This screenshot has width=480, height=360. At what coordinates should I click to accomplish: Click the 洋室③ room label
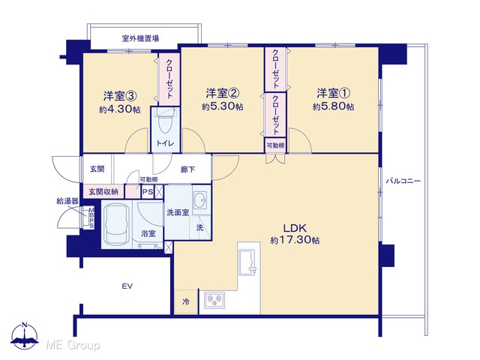[x=120, y=96]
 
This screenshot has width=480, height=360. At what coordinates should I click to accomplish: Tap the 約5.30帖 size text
[x=223, y=106]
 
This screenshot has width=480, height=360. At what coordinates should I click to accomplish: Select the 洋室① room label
[x=334, y=93]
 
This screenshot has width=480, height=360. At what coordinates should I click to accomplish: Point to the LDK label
[x=295, y=228]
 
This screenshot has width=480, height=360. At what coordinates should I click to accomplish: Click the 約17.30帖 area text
[x=295, y=240]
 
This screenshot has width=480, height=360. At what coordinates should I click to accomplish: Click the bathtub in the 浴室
[x=117, y=223]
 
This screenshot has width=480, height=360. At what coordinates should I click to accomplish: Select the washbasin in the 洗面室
[x=201, y=199]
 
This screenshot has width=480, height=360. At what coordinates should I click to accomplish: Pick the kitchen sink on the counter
[x=247, y=262]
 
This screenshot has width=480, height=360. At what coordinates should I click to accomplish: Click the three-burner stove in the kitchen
[x=214, y=300]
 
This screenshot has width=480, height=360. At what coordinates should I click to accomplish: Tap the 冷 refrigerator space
[x=186, y=301]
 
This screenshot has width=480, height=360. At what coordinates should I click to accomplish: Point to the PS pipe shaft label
[x=148, y=192]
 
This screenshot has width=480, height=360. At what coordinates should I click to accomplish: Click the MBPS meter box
[x=91, y=217]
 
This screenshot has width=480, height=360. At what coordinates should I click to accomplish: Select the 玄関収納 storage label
[x=103, y=192]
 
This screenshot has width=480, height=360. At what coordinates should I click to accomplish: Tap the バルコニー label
[x=403, y=181]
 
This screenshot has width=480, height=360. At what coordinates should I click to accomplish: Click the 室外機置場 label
[x=140, y=39]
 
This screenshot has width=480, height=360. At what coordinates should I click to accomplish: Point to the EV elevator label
[x=127, y=286]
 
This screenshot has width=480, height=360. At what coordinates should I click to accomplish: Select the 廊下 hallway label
[x=187, y=169]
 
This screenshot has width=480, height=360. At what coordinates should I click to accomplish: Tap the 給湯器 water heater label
[x=67, y=201]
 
